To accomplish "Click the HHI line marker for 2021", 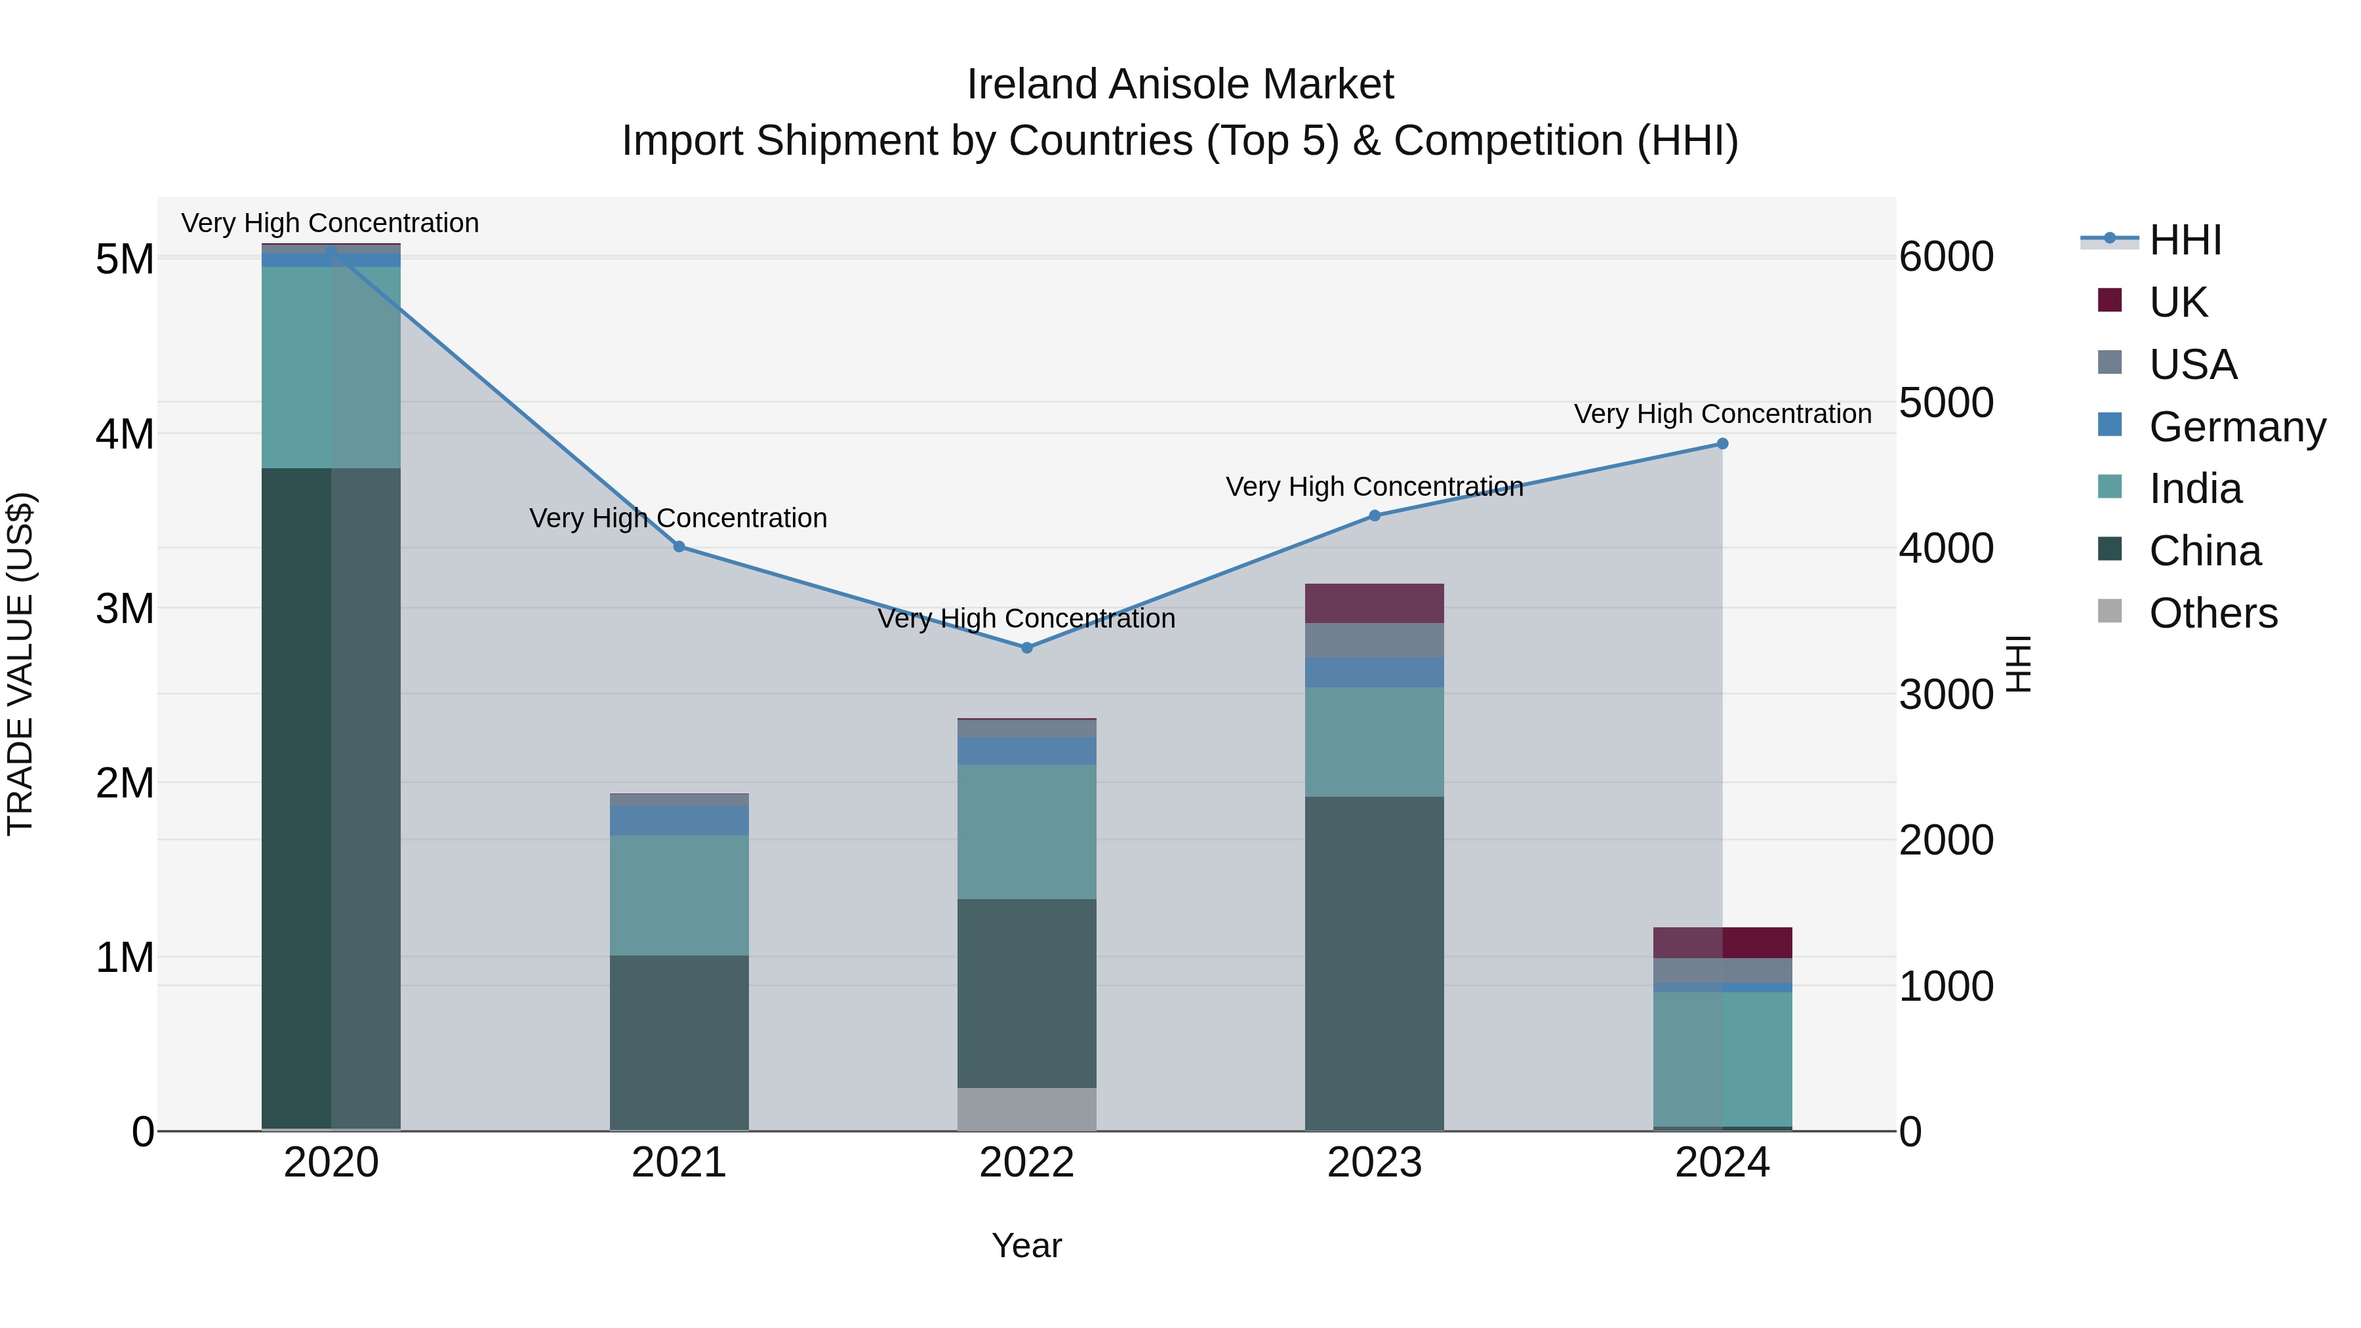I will [x=679, y=546].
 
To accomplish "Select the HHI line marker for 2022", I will [x=1026, y=648].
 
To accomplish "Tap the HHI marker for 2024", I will [x=1722, y=443].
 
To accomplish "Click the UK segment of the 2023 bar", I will [x=1375, y=603].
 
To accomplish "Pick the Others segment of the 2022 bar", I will [x=1026, y=1109].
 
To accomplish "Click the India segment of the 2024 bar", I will [x=1722, y=1058].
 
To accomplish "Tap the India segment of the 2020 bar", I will [x=331, y=367].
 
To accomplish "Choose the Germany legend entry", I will [x=2236, y=427].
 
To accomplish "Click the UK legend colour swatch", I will [x=2110, y=300].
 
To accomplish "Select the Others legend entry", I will [x=2213, y=613].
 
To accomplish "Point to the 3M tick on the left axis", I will [x=125, y=609].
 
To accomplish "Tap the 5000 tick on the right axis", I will [x=1946, y=403].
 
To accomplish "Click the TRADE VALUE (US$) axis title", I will [x=20, y=664].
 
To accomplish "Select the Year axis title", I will [x=1026, y=1245].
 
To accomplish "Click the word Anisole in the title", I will [x=1180, y=85].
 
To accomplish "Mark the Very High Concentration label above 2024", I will [x=1722, y=414].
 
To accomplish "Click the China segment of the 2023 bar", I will [x=1375, y=962].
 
